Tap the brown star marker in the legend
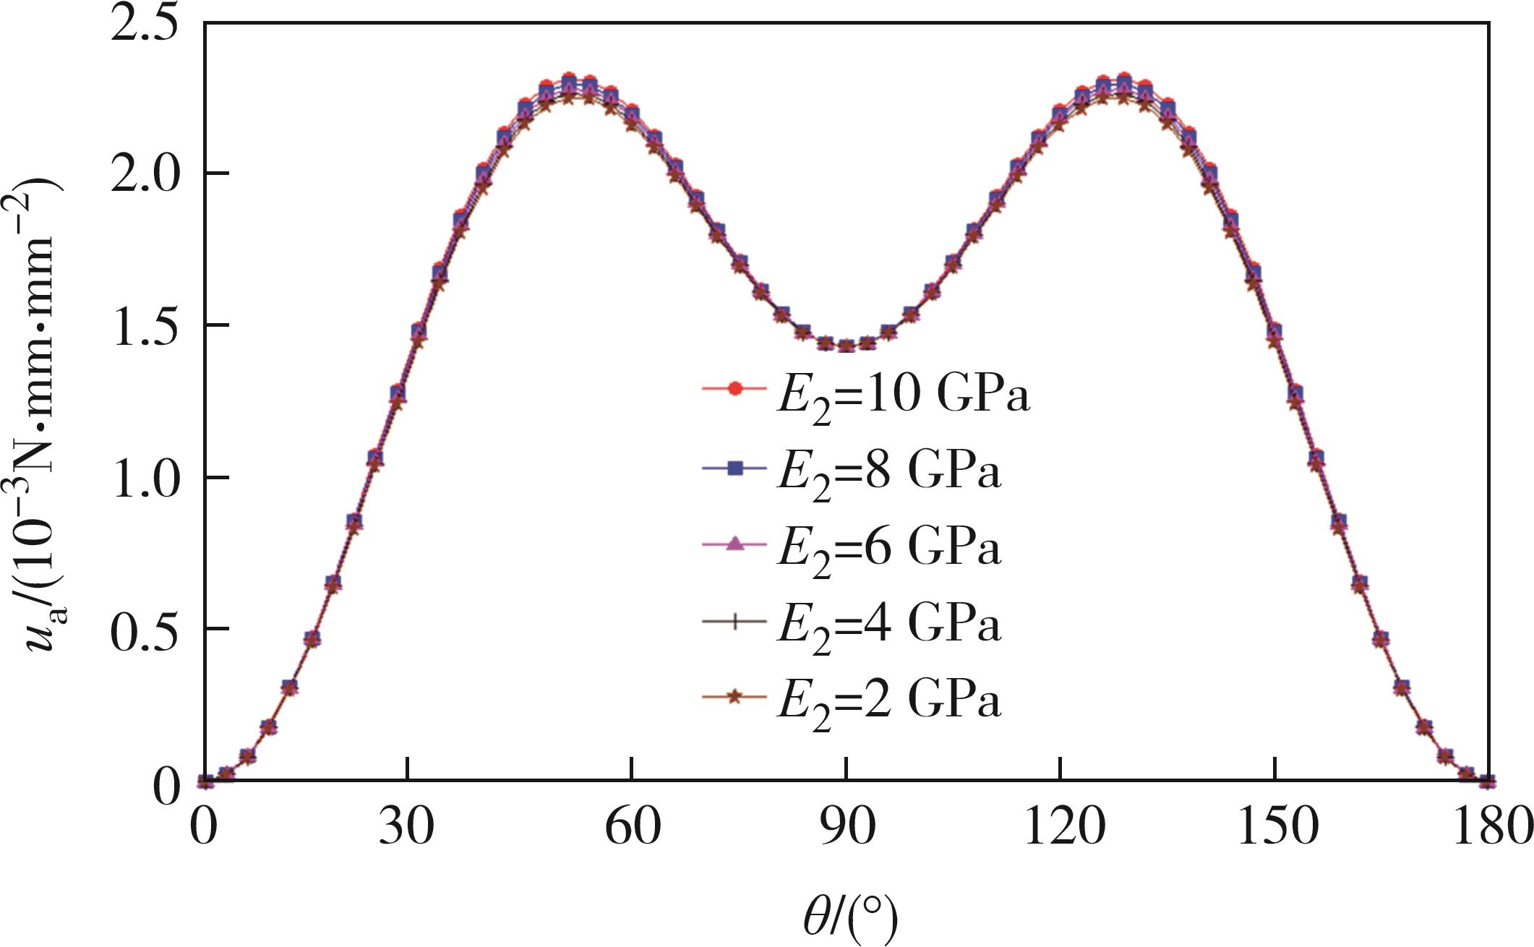click(734, 697)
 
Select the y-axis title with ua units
click(43, 405)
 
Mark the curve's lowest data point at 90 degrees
click(846, 346)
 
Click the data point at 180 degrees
click(1487, 781)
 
